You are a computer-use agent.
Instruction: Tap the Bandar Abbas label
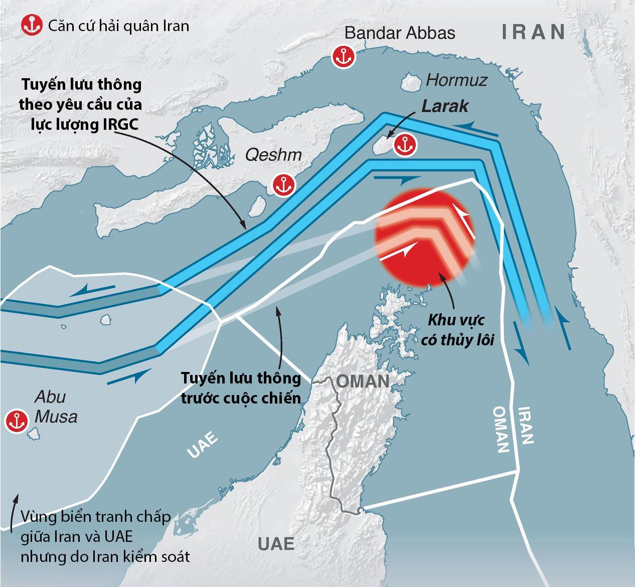[400, 33]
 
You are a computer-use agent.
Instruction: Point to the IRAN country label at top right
[534, 32]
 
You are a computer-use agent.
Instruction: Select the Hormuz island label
[456, 80]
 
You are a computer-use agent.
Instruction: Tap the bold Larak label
[445, 106]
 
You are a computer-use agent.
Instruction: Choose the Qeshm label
[273, 155]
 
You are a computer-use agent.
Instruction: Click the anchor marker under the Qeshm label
[283, 185]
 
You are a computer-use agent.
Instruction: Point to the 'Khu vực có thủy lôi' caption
[457, 330]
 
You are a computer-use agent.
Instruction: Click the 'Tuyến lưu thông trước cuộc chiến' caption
[241, 388]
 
